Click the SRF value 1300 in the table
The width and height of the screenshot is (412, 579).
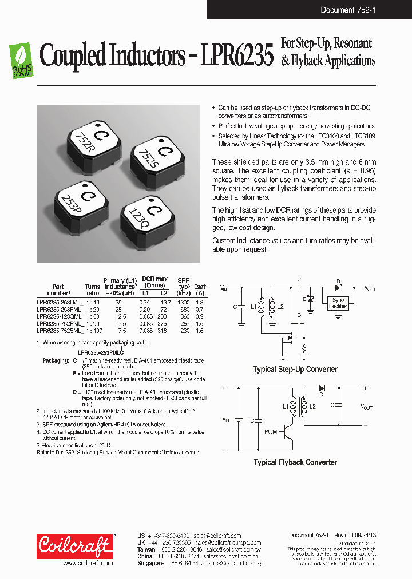183,301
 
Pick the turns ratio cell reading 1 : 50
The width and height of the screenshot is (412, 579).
92,316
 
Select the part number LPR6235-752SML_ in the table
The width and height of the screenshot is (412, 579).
60,331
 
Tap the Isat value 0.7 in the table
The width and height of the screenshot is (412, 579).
200,308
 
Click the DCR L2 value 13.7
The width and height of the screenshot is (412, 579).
165,301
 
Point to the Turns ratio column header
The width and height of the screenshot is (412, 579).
92,290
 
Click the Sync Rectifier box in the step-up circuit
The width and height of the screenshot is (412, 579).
338,303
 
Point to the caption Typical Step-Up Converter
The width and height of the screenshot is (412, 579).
295,370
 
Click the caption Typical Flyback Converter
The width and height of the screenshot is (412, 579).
295,462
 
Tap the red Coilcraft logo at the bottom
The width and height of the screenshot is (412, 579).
74,546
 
